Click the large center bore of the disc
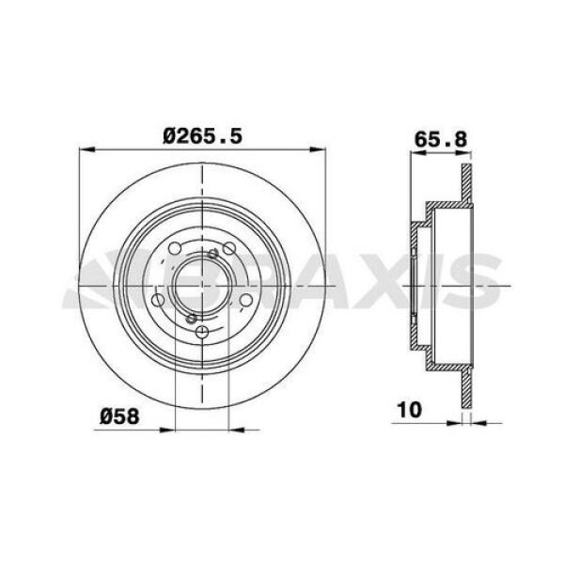(x=203, y=282)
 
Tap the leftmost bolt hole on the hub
(x=160, y=299)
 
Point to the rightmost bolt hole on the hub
(x=245, y=299)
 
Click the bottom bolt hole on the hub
(x=203, y=331)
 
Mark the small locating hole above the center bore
(x=214, y=253)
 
